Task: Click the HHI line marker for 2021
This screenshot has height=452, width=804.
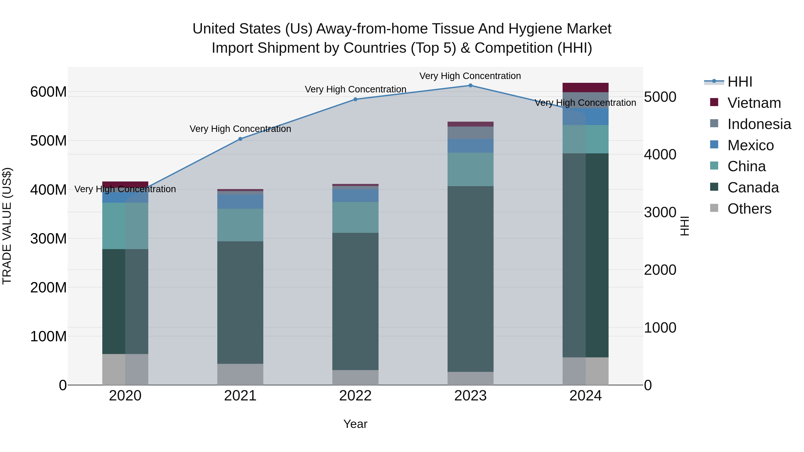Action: [240, 139]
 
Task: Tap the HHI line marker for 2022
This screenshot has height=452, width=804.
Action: [355, 99]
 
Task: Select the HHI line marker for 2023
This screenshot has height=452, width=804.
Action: [470, 85]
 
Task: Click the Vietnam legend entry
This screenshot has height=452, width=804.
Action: [754, 103]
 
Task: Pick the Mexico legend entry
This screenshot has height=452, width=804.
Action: [750, 145]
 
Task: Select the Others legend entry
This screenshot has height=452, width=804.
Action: [749, 209]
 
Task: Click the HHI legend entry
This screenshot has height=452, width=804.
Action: [739, 82]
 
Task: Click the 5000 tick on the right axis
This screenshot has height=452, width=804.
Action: [660, 97]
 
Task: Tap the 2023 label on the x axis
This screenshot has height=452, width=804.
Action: [470, 396]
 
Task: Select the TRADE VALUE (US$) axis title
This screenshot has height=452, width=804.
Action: [7, 226]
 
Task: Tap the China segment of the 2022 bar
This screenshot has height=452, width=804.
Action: [355, 217]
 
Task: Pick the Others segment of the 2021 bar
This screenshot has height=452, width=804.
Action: [240, 374]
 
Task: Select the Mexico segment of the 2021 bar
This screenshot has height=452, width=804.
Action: [240, 202]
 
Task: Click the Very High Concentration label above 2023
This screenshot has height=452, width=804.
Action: [470, 76]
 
